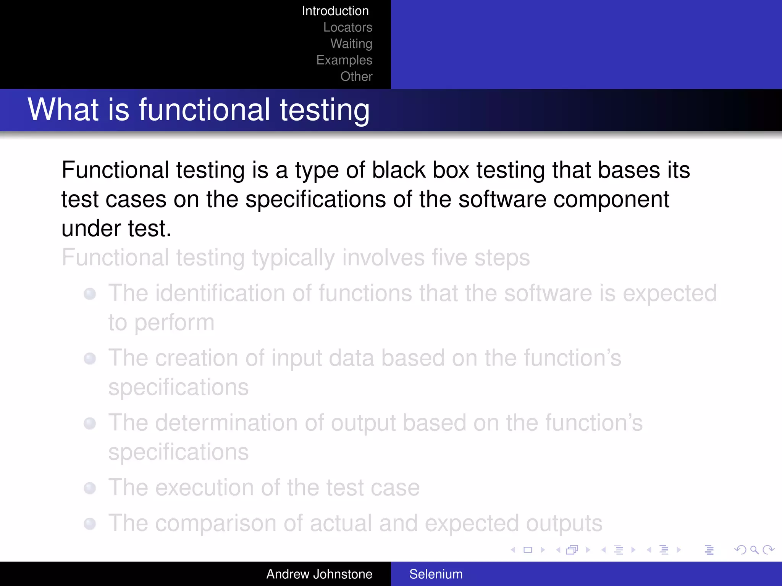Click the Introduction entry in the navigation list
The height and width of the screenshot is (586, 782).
tap(335, 11)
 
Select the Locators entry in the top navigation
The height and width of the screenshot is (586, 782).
tap(347, 27)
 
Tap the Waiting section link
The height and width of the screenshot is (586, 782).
tap(351, 44)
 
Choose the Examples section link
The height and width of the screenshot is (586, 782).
tap(344, 60)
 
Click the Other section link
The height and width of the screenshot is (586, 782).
tap(356, 77)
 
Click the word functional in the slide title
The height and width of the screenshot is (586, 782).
tap(204, 110)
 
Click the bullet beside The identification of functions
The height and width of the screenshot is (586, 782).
tap(90, 294)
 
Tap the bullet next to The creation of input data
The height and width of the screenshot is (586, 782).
tap(90, 359)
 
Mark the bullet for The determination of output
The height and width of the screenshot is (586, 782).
tap(90, 423)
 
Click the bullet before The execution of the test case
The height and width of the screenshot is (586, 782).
tap(90, 488)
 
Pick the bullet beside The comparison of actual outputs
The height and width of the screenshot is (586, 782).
tap(90, 523)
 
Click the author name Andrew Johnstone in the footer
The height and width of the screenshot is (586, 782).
tap(319, 574)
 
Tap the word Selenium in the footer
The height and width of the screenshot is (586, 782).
tap(436, 574)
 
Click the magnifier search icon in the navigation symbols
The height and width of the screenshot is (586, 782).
tap(754, 550)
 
